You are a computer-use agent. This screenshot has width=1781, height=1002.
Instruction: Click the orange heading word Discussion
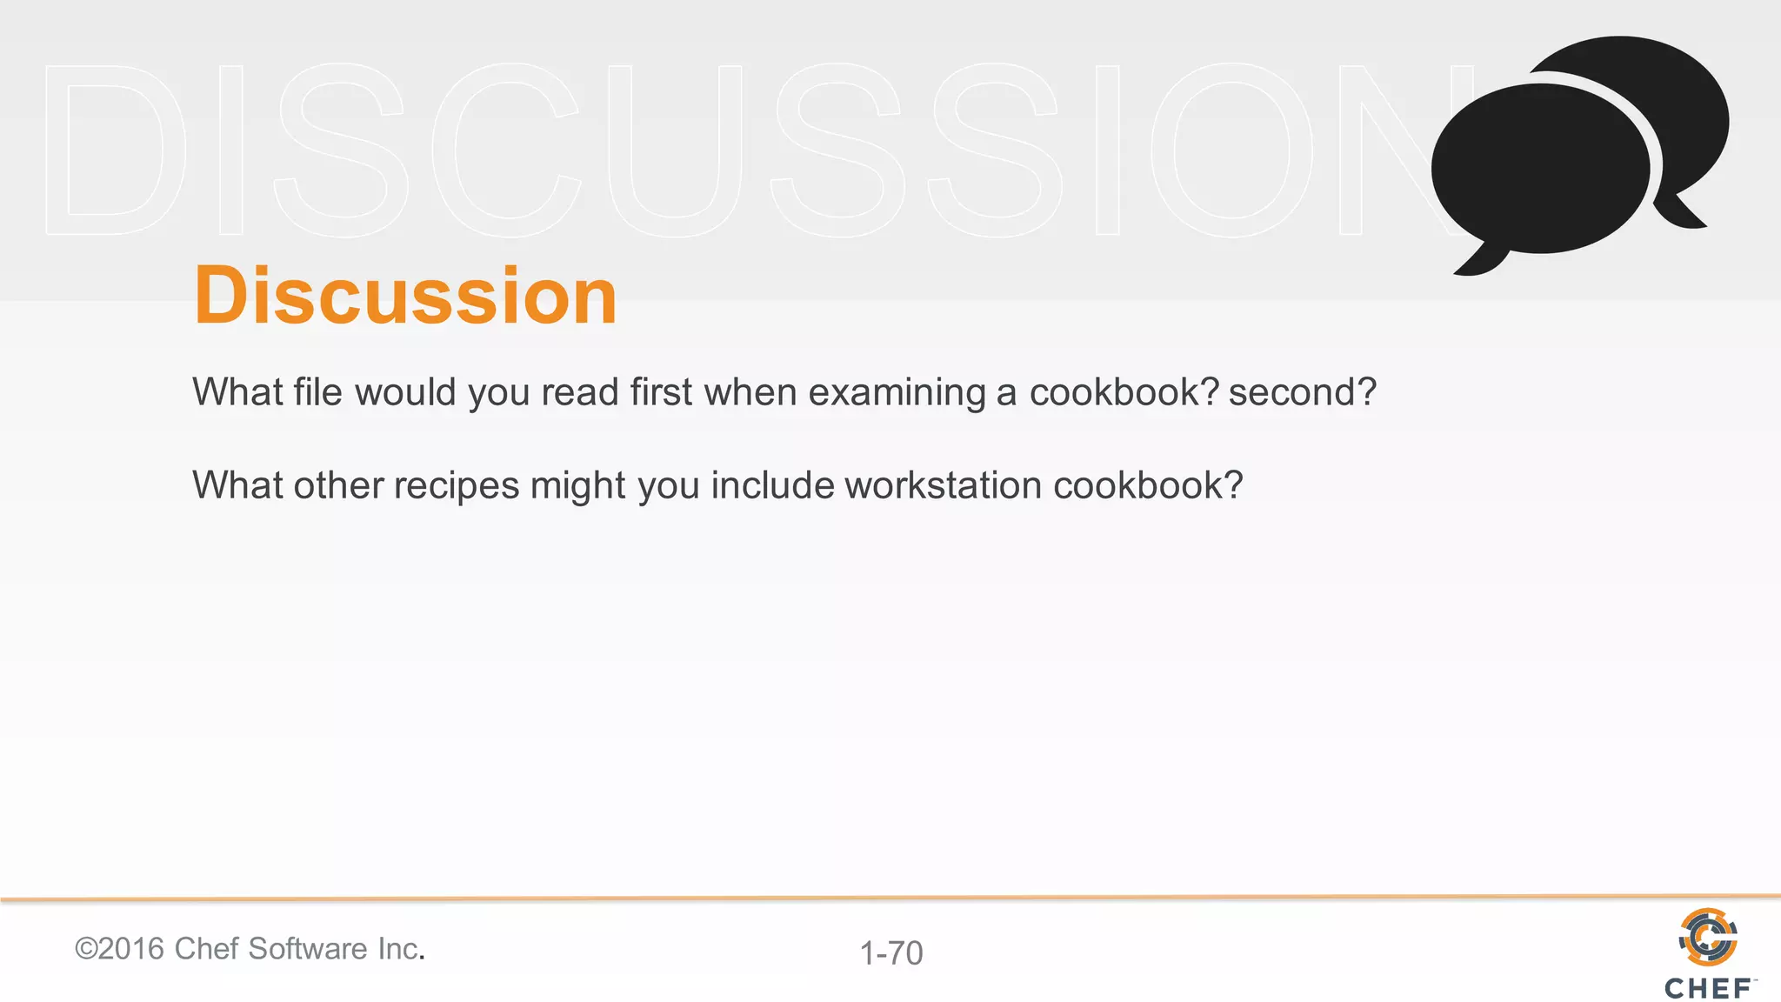[x=404, y=297]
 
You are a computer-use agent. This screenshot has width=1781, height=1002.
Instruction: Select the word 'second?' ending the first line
[x=1302, y=392]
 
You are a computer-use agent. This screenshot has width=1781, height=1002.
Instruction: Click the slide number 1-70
[x=890, y=953]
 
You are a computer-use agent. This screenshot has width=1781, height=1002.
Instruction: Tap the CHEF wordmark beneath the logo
[x=1708, y=989]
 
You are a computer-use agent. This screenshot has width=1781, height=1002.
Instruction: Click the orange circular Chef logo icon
[x=1708, y=937]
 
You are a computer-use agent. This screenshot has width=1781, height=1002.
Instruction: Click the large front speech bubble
[x=1539, y=170]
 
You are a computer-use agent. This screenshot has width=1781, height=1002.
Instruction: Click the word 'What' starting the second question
[x=237, y=485]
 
